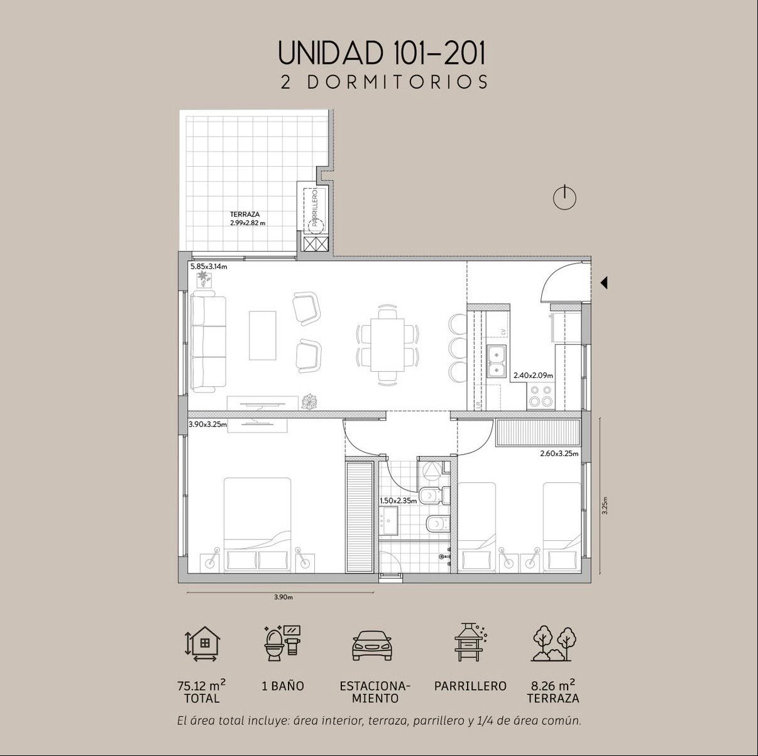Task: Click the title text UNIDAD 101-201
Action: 382,52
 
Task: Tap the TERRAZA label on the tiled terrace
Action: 244,214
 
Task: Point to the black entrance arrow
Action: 604,282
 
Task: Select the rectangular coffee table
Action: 262,335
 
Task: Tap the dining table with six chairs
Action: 387,345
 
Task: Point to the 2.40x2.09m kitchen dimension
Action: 533,375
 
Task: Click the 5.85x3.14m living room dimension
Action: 209,267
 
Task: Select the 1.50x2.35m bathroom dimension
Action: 398,502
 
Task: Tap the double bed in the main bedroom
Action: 258,525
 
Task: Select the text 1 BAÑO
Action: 283,686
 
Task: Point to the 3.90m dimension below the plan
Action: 283,597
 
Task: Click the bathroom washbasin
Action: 388,520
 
